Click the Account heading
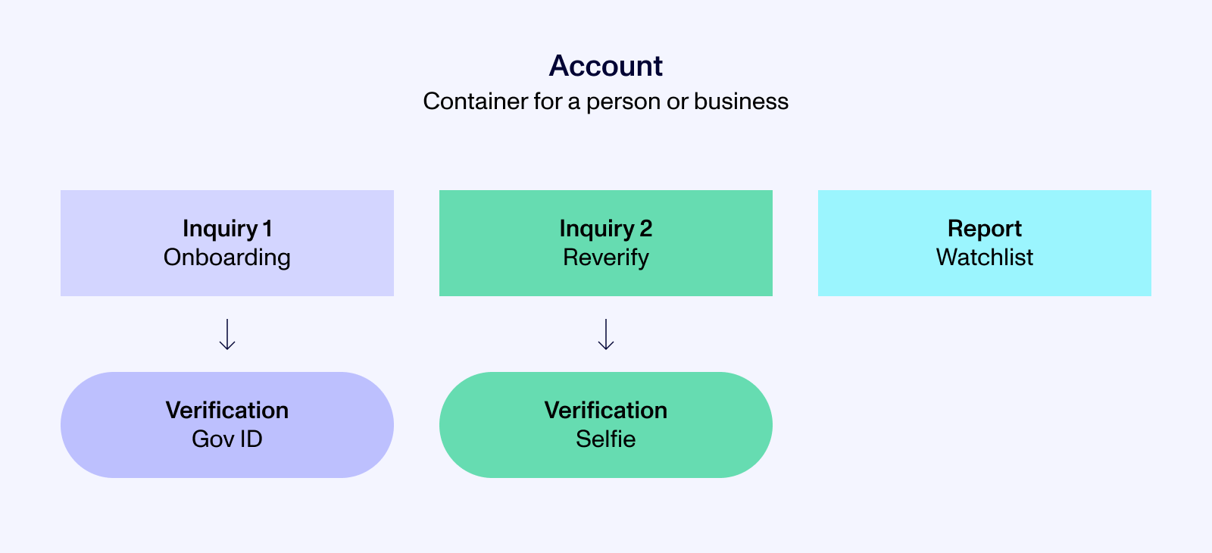[x=606, y=66]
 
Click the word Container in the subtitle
[x=464, y=102]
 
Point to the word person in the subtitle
[x=623, y=102]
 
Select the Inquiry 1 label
[x=227, y=228]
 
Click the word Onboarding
[x=227, y=258]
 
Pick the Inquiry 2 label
[x=606, y=228]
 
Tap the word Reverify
[x=606, y=258]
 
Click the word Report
[x=985, y=228]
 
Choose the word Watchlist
[x=985, y=258]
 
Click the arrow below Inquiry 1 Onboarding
[x=227, y=334]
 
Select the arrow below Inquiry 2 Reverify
[x=606, y=334]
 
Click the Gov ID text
[x=227, y=439]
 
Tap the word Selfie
[x=606, y=439]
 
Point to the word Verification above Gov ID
[x=227, y=410]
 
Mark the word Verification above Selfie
[x=606, y=410]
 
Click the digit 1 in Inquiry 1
[x=267, y=228]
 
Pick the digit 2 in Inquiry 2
[x=645, y=228]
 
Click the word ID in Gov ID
[x=251, y=439]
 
